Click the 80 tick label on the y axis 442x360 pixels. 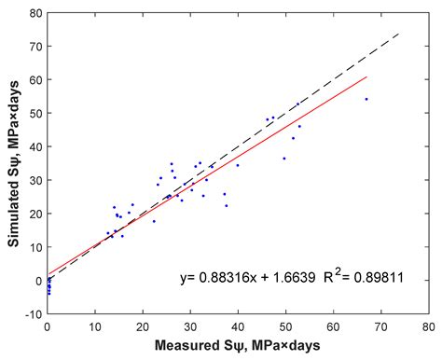point(35,13)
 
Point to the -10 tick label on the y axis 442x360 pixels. point(34,314)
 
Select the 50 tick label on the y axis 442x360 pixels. point(35,113)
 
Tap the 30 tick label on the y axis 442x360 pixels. point(35,180)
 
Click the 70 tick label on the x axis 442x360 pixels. point(380,327)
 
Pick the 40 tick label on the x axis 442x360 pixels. point(238,327)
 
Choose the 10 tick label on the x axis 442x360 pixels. point(95,327)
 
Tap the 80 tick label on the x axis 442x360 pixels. point(428,327)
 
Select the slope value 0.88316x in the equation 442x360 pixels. point(228,277)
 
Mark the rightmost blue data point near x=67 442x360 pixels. point(366,99)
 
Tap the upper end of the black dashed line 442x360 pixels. point(399,34)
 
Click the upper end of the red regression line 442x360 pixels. point(367,76)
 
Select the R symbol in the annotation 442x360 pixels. point(327,277)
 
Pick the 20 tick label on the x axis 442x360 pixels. point(143,327)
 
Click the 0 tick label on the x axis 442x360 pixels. point(48,327)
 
